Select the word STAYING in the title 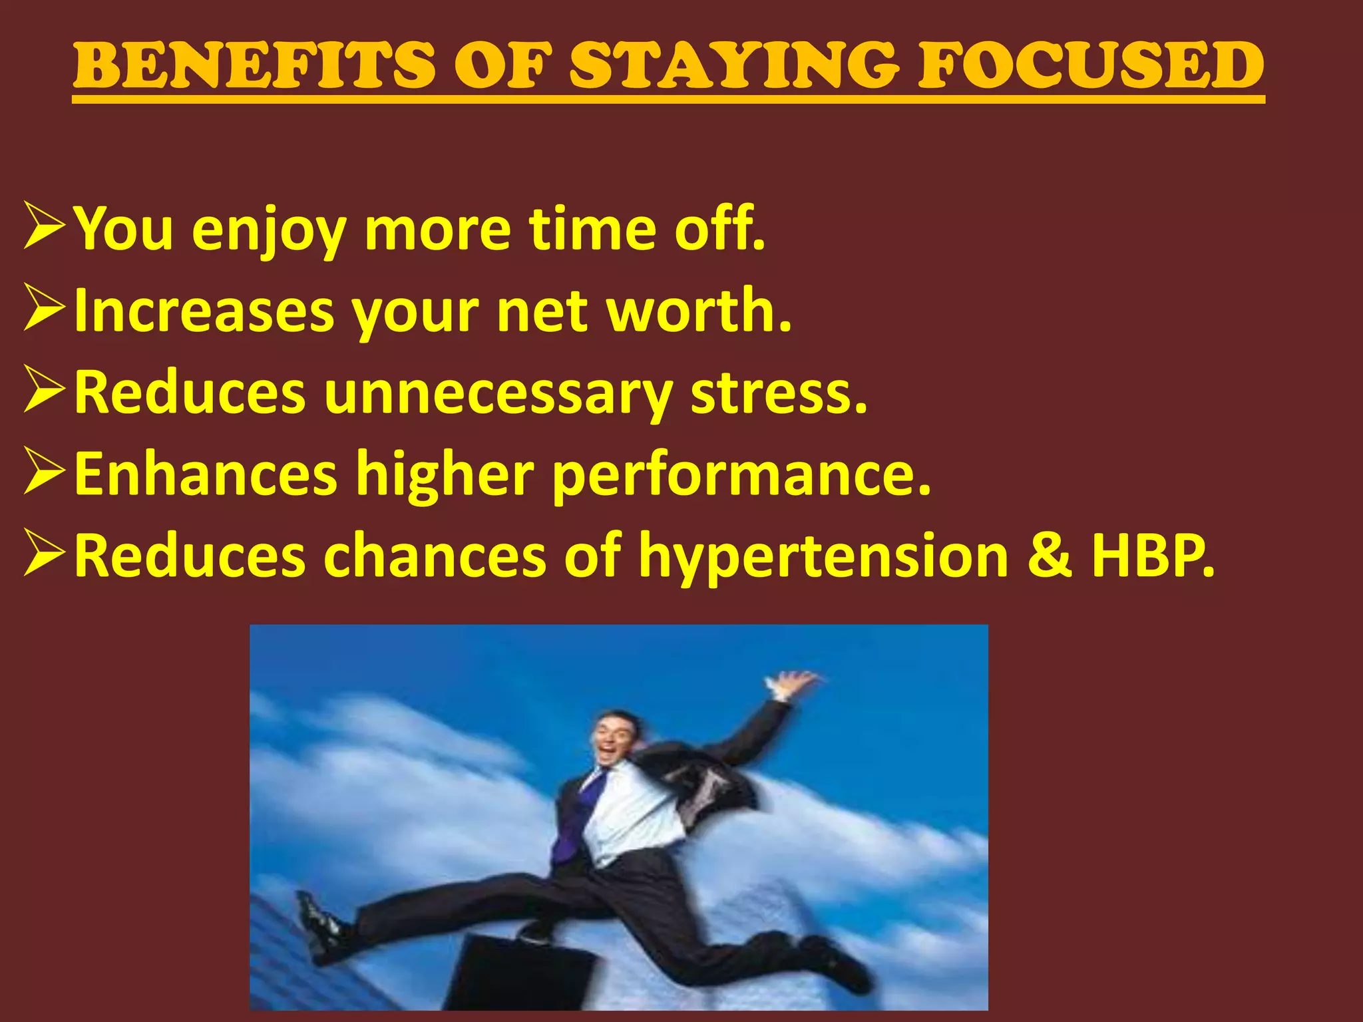coord(735,65)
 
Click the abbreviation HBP coord(1152,556)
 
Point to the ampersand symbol coord(1050,556)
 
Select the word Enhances coord(206,474)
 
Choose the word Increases coord(204,311)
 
